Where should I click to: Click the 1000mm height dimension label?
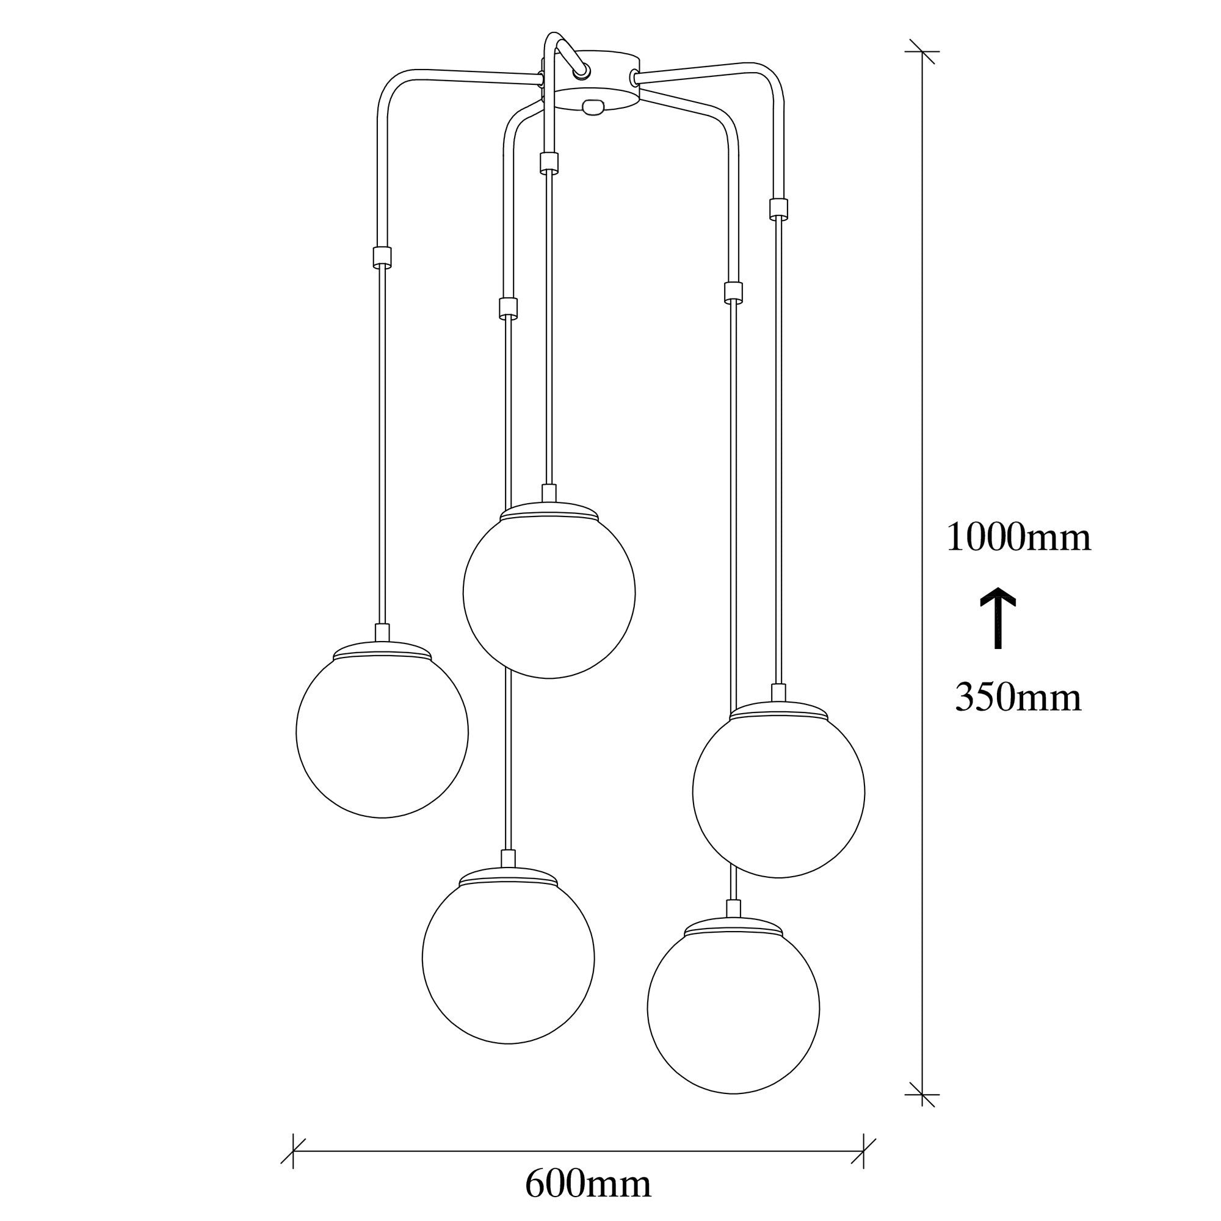pos(1018,538)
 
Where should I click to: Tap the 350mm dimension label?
pos(1018,698)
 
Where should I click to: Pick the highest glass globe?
pos(549,592)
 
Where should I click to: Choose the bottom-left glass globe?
pos(508,957)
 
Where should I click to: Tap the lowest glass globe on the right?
pos(733,1007)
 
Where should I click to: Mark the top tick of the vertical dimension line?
pos(922,51)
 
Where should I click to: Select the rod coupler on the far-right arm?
pos(778,209)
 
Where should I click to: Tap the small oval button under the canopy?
pos(593,108)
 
